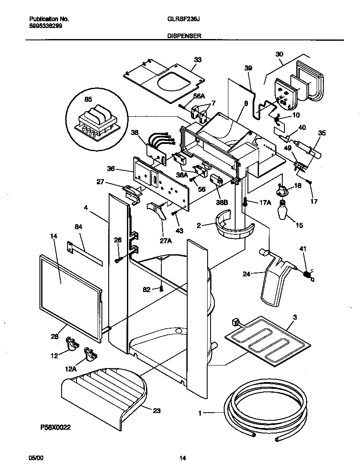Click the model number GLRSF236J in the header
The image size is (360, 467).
(x=181, y=20)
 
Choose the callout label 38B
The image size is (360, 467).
(x=222, y=202)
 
